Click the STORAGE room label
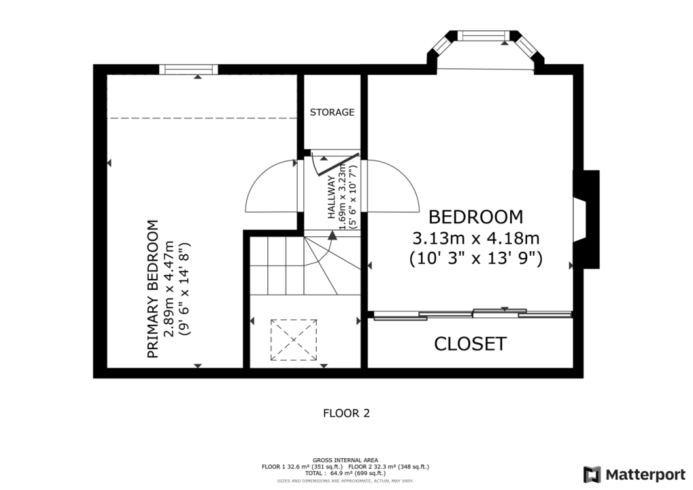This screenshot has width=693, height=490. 332,112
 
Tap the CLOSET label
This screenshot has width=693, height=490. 470,344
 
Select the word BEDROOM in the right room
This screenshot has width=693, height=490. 476,217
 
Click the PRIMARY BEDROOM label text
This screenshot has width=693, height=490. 153,288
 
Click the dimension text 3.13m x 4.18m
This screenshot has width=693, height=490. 476,238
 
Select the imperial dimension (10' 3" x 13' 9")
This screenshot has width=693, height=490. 476,258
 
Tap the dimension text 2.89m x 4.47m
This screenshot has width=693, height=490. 169,288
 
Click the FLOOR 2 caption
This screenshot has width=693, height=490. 346,412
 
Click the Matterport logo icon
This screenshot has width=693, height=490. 592,474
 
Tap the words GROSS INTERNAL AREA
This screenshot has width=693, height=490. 346,460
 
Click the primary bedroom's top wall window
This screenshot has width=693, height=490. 189,69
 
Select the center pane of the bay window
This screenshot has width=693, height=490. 484,35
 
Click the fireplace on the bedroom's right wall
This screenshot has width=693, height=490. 585,219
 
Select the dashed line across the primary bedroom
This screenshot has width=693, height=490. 202,118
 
